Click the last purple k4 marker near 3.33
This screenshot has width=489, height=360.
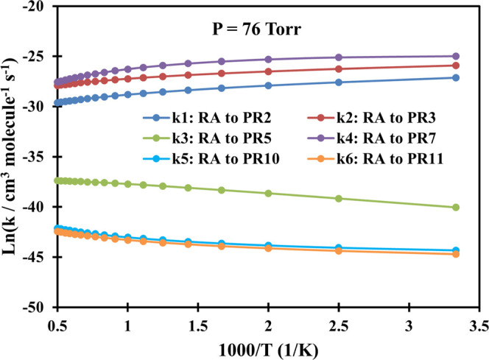pos(456,56)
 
